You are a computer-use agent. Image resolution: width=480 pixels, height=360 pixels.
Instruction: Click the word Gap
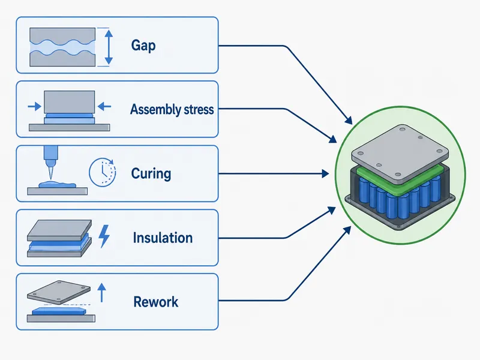coord(143,46)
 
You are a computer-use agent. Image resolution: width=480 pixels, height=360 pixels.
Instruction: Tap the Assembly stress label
coord(172,109)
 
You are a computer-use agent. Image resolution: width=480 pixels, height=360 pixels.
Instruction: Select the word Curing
coord(151,173)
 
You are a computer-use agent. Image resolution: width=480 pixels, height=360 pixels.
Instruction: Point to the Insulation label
coord(163,238)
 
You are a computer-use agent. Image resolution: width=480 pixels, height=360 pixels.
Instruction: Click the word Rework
coord(156,302)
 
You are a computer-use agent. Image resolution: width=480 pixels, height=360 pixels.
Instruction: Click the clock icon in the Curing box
coord(103,172)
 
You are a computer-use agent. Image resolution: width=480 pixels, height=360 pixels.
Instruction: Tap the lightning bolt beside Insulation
coord(104,236)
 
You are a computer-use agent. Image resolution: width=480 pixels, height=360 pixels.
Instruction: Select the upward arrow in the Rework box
coord(101,293)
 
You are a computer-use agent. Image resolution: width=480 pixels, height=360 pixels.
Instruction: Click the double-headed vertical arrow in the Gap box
coord(109,47)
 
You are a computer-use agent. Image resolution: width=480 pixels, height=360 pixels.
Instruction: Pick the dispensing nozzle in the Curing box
coord(49,161)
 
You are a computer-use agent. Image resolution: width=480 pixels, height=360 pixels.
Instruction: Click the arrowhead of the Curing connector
coord(325,174)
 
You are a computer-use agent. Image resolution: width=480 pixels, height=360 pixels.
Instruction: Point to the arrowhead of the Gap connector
coord(349,121)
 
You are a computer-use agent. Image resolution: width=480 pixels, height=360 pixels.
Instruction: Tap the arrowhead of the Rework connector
coord(347,230)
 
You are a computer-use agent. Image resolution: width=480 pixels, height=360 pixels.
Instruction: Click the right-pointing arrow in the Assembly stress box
coord(35,107)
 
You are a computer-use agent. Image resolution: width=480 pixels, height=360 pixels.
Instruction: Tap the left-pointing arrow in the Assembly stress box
coord(104,107)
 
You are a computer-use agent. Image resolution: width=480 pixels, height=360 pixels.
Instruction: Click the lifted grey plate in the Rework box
coord(59,292)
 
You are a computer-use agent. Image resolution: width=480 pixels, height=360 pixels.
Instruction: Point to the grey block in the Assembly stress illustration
coord(70,102)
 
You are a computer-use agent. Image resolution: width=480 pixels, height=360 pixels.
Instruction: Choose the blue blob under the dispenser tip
coord(57,185)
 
